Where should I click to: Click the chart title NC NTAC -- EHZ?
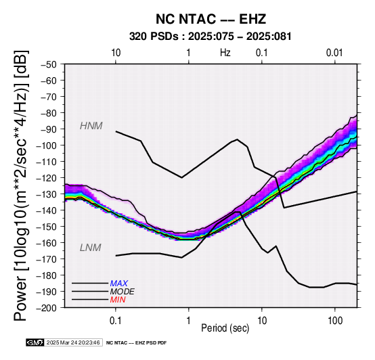click(x=211, y=19)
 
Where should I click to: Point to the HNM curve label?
click(x=91, y=126)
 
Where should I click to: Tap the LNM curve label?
click(x=91, y=248)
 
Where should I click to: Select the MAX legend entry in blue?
click(x=118, y=284)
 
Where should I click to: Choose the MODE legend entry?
click(x=122, y=292)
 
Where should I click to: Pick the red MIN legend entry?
click(x=118, y=300)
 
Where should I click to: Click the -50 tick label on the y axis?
click(x=49, y=64)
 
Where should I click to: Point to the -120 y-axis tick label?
click(x=47, y=178)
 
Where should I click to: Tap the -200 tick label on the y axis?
click(x=47, y=308)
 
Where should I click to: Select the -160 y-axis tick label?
click(x=47, y=243)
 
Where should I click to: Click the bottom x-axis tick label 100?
click(x=335, y=321)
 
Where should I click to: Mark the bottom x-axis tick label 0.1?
click(x=116, y=321)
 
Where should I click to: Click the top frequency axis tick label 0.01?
click(x=334, y=53)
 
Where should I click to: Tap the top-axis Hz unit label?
click(x=225, y=53)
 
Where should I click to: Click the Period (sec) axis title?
click(x=225, y=328)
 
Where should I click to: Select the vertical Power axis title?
click(x=21, y=185)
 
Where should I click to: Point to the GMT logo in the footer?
click(x=35, y=343)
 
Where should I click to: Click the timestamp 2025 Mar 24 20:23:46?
click(x=73, y=343)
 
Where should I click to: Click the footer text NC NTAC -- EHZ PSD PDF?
click(x=136, y=343)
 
